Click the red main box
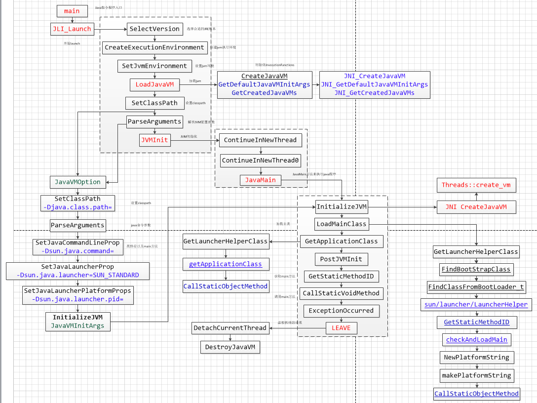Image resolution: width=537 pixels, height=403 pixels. (x=72, y=11)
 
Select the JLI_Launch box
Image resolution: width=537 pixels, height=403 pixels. (x=72, y=29)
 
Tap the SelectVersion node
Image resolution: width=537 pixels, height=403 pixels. (x=154, y=29)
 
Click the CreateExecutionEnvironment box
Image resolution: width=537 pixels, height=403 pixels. (x=154, y=47)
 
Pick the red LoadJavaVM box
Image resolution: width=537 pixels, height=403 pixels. (x=154, y=84)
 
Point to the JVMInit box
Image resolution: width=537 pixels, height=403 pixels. (x=154, y=140)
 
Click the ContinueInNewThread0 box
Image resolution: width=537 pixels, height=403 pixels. (x=261, y=161)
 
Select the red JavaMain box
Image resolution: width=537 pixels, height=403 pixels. (x=261, y=180)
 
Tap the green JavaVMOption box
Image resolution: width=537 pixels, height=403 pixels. (x=77, y=182)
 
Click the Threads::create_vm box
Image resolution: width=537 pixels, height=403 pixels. (x=476, y=185)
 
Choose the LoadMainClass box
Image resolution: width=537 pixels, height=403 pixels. (x=342, y=224)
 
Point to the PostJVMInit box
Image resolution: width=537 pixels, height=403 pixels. (x=342, y=258)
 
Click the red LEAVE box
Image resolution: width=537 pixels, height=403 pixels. (x=341, y=328)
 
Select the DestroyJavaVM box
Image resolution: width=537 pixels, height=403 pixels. (x=230, y=347)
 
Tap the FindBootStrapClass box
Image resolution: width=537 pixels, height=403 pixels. (x=476, y=270)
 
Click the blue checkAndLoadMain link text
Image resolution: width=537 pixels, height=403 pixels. (x=476, y=340)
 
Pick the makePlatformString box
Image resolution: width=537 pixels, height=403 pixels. (x=476, y=375)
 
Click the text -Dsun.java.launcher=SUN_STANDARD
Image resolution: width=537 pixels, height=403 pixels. (x=77, y=275)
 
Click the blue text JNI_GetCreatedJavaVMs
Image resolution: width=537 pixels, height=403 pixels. (x=374, y=93)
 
